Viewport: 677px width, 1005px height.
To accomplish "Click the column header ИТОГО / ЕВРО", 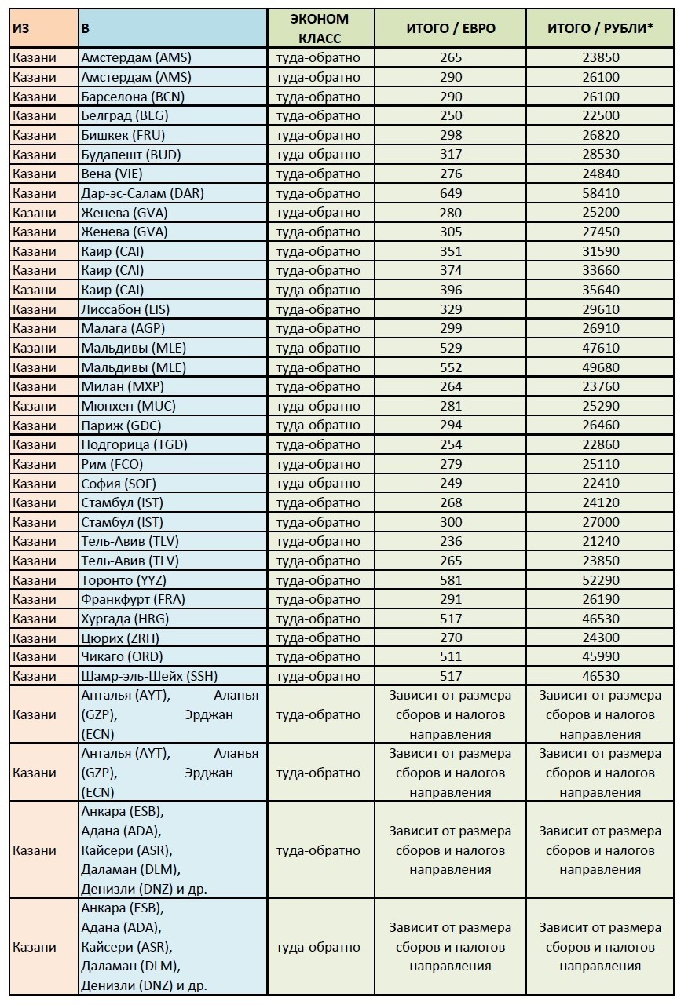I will pos(451,28).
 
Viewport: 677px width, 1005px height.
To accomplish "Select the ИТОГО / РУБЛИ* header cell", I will pos(601,28).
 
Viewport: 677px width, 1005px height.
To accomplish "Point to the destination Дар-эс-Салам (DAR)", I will pos(142,193).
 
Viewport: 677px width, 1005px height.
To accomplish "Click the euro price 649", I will pos(451,193).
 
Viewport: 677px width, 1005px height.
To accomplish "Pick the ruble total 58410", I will pos(601,193).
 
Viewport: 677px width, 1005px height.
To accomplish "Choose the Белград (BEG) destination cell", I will pos(124,115).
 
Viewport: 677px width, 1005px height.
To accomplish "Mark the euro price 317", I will pos(451,155).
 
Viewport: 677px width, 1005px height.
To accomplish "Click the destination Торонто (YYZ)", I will pos(123,580).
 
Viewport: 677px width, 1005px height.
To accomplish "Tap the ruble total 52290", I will pos(601,580).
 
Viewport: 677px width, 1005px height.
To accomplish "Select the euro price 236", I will pos(451,541).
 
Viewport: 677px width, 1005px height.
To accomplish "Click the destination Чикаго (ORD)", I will pos(122,656).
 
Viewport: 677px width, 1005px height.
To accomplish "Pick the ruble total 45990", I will pos(601,656).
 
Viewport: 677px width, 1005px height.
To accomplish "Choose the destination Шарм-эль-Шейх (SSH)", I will pos(149,676).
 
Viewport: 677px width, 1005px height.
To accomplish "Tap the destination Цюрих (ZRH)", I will pos(119,638).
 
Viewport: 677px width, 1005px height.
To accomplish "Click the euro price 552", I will pos(451,367).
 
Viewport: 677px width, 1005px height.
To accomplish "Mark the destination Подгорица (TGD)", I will pos(134,444).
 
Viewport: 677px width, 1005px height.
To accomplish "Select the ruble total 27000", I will pos(601,522).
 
